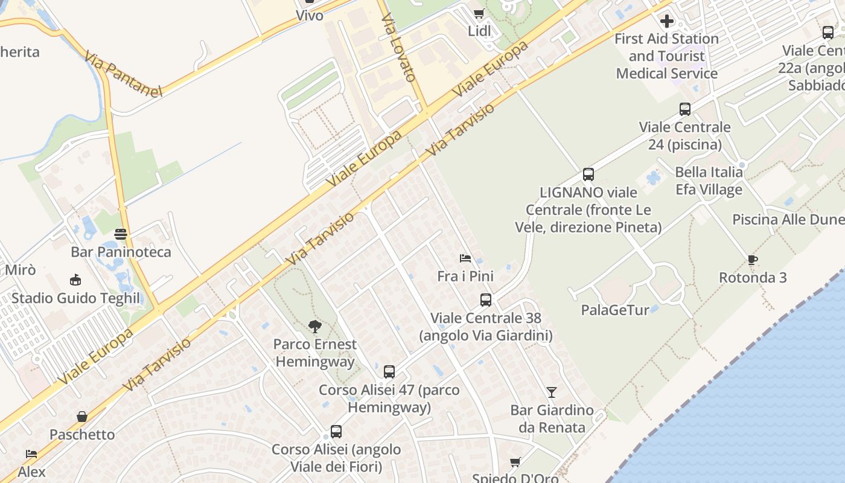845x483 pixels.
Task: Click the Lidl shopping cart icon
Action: [479, 13]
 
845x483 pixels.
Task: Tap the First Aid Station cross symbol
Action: [667, 22]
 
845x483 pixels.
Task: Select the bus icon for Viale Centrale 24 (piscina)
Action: [685, 109]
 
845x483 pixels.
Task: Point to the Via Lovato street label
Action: [400, 48]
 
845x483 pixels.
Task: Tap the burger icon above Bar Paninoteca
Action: [121, 234]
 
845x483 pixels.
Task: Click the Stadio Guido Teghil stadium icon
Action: [75, 280]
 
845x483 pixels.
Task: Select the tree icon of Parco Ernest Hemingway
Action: [314, 327]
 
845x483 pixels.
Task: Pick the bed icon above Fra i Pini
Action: [465, 258]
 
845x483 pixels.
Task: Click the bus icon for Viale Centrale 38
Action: [486, 300]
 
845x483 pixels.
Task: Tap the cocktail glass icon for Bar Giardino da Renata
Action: [552, 392]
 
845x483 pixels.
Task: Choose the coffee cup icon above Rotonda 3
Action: [752, 260]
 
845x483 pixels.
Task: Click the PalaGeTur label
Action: [615, 310]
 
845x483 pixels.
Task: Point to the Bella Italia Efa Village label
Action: [709, 181]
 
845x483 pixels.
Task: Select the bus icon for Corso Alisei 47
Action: [389, 372]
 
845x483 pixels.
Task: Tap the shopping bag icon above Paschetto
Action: [82, 417]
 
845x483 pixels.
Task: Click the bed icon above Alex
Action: [31, 453]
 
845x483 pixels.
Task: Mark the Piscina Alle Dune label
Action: [788, 219]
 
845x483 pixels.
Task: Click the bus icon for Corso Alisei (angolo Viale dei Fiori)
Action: [336, 432]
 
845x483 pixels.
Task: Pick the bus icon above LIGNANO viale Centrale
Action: [588, 174]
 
